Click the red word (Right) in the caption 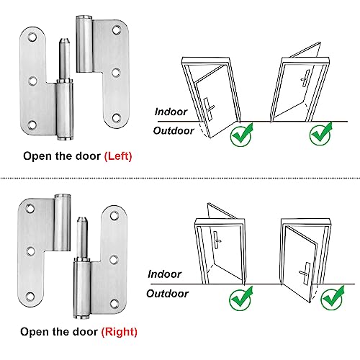pyautogui.click(x=119, y=332)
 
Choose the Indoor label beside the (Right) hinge pyautogui.click(x=165, y=274)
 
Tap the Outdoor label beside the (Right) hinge pyautogui.click(x=167, y=293)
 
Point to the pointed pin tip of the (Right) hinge pyautogui.click(x=84, y=221)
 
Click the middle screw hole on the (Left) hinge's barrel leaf pyautogui.click(x=114, y=72)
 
